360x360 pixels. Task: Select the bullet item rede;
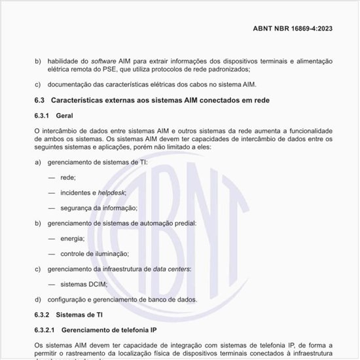coord(67,177)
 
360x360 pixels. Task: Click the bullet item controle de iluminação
coord(94,253)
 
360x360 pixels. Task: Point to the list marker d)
coord(37,299)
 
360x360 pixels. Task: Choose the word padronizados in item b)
coord(226,69)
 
